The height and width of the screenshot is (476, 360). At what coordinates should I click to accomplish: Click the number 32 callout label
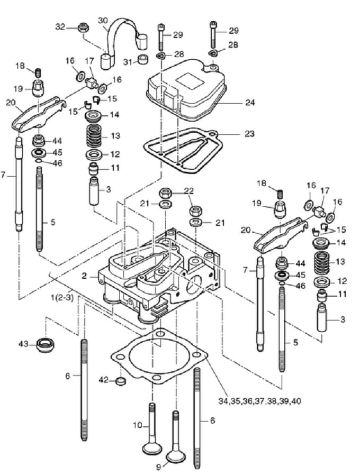point(60,27)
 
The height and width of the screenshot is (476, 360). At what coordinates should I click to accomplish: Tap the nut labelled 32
point(83,28)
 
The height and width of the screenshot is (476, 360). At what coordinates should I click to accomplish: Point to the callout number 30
point(103,21)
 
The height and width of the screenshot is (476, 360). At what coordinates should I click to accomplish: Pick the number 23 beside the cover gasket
point(249,134)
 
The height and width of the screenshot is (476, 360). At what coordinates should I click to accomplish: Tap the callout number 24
point(250,102)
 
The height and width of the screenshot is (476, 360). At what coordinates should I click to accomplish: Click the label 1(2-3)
point(62,297)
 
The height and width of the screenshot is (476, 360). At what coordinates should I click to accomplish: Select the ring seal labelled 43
point(46,344)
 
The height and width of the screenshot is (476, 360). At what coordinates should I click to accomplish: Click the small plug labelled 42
point(121,380)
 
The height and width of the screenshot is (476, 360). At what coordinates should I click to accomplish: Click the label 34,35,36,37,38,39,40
point(259,401)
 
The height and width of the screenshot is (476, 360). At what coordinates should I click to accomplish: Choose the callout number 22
point(188,190)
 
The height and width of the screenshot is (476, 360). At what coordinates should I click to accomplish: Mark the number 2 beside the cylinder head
point(84,276)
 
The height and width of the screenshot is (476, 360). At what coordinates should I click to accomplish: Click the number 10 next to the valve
point(138,425)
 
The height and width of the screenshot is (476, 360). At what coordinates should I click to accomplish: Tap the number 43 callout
point(24,344)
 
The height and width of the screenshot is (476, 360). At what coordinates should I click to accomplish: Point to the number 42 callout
point(104,380)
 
